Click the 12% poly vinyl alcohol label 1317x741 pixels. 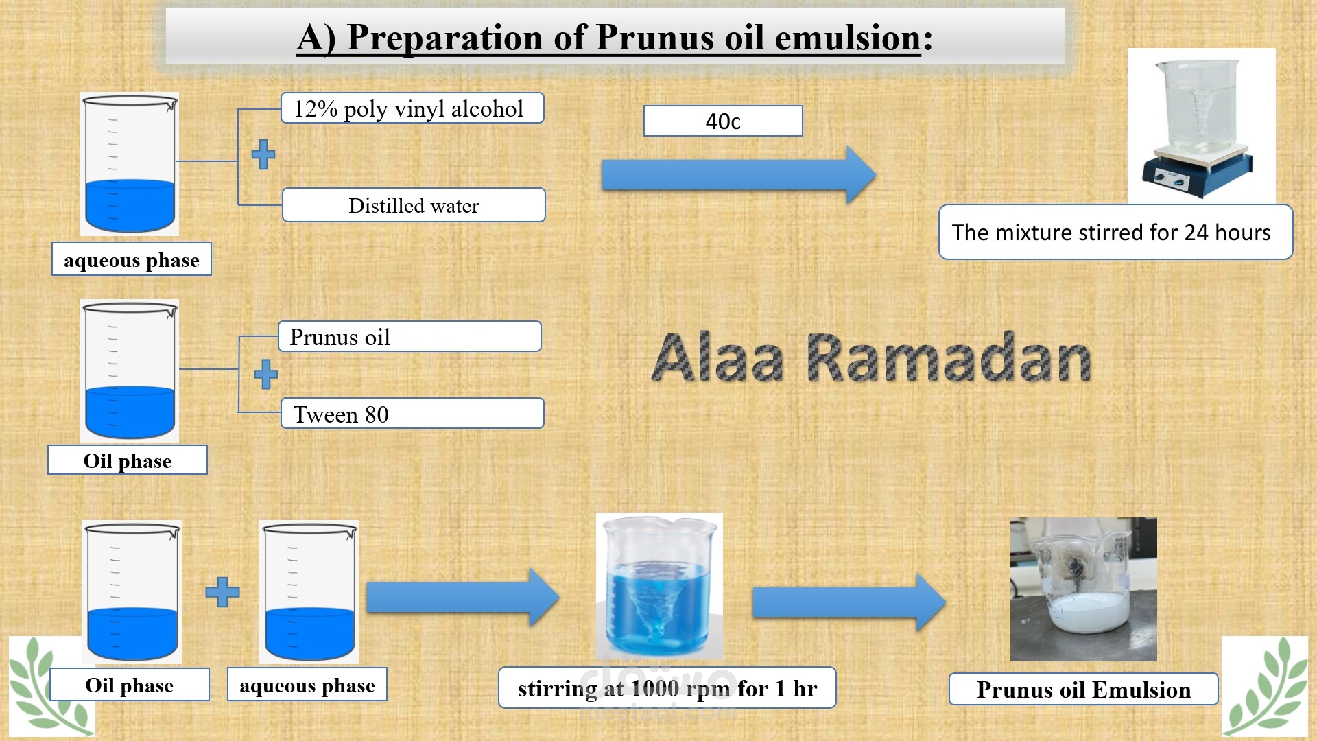pos(412,108)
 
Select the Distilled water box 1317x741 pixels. pos(414,205)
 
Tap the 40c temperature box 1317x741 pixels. pos(723,121)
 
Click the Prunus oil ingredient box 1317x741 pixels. pos(410,336)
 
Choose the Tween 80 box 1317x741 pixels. pos(412,414)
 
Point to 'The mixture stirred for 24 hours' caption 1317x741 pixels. pos(1115,232)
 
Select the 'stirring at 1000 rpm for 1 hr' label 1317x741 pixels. pos(667,687)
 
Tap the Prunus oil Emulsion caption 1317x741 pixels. pos(1083,689)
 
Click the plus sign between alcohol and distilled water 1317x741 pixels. pos(263,154)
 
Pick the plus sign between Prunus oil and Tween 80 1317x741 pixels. pos(266,375)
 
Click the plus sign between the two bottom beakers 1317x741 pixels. pos(223,592)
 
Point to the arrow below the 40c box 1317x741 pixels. pos(738,175)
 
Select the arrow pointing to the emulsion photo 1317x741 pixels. pos(849,602)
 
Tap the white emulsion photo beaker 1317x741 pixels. pos(1084,589)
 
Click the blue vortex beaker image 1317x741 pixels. pos(659,586)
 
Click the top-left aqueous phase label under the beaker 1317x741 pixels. pos(132,259)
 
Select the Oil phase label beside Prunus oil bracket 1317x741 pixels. pos(128,460)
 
